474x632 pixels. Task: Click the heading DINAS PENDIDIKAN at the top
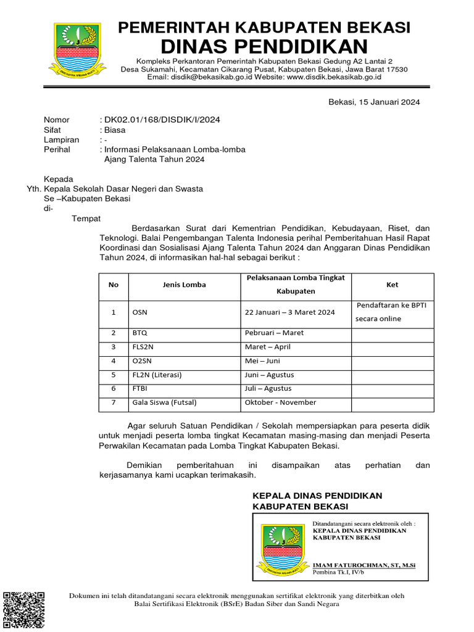pyautogui.click(x=264, y=46)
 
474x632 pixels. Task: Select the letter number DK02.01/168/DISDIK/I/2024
pyautogui.click(x=162, y=120)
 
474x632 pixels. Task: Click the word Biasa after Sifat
pyautogui.click(x=114, y=130)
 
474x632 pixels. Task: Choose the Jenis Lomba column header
pyautogui.click(x=185, y=285)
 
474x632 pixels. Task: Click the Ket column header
pyautogui.click(x=393, y=285)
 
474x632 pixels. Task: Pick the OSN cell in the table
pyautogui.click(x=140, y=312)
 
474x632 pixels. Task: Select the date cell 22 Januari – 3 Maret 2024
pyautogui.click(x=290, y=312)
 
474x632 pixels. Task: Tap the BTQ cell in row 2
pyautogui.click(x=140, y=333)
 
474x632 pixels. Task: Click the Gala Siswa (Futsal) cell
pyautogui.click(x=164, y=402)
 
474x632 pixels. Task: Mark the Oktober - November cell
pyautogui.click(x=280, y=402)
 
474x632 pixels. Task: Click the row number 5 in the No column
pyautogui.click(x=114, y=375)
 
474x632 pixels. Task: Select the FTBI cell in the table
pyautogui.click(x=140, y=389)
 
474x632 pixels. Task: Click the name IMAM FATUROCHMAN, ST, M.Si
pyautogui.click(x=364, y=565)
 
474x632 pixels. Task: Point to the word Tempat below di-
pyautogui.click(x=86, y=218)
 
